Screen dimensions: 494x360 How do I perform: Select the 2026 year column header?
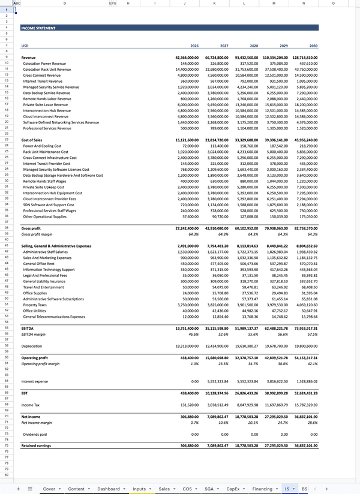point(194,46)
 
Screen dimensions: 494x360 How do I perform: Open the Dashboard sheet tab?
point(109,489)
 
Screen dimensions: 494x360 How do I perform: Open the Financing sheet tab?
point(262,489)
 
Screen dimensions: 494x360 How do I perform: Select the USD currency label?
point(25,46)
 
